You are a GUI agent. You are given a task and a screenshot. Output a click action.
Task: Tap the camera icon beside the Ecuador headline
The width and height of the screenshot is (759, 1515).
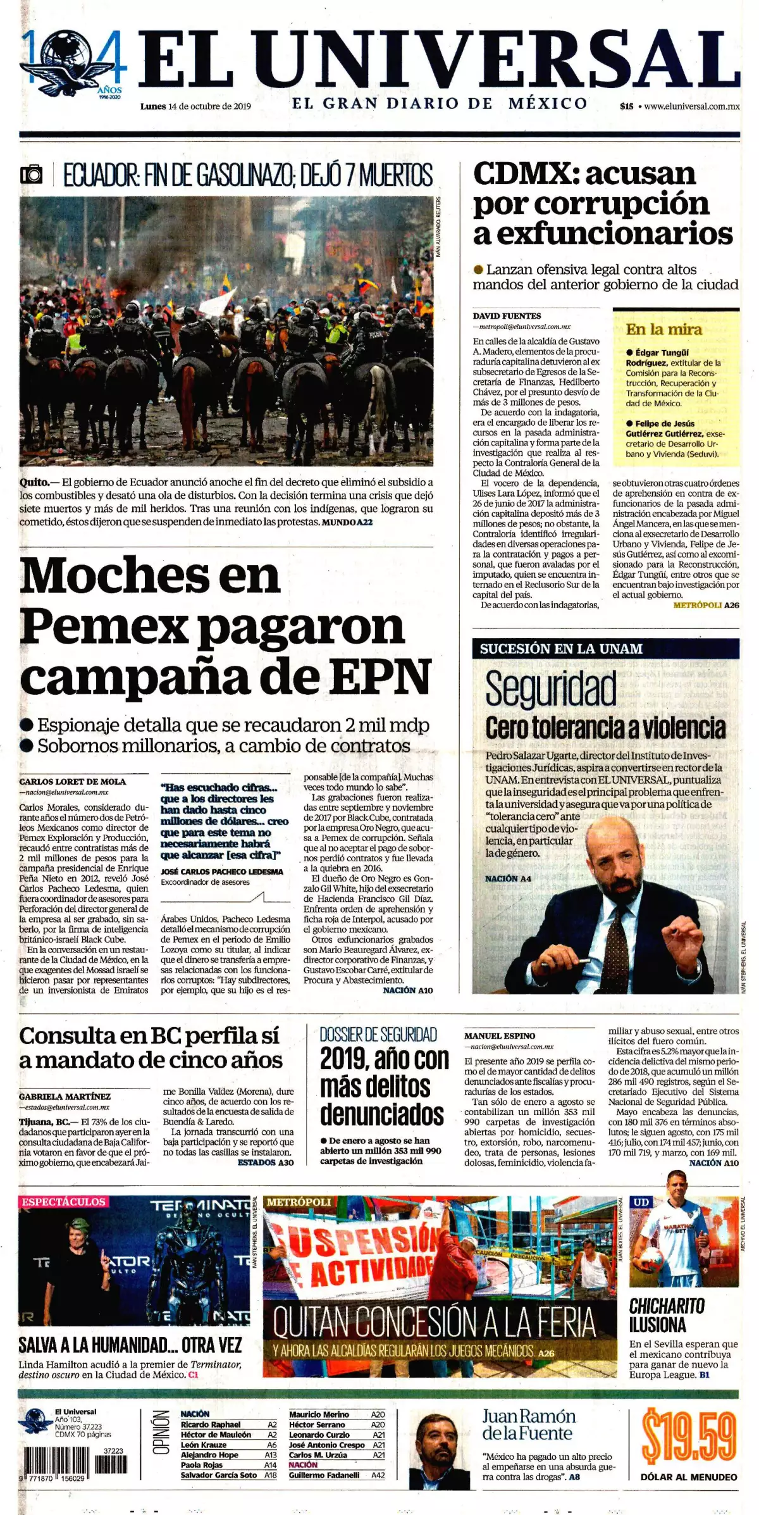point(32,174)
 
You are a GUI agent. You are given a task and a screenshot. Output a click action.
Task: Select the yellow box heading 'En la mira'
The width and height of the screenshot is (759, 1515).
point(663,329)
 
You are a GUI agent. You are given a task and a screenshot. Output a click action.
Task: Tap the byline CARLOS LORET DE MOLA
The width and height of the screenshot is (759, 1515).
point(73,782)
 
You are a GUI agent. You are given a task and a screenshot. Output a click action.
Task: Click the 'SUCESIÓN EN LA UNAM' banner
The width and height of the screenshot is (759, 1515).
point(561,649)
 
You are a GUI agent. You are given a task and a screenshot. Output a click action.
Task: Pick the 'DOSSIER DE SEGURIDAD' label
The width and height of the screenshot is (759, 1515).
point(378,1035)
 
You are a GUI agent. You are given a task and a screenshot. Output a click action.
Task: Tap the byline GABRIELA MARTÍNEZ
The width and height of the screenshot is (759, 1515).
point(65,1097)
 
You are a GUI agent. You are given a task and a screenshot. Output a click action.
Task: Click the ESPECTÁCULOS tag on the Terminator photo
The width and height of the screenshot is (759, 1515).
point(63,1202)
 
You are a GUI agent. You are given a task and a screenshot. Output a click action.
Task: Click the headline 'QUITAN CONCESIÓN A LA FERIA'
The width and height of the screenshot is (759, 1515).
point(435,1322)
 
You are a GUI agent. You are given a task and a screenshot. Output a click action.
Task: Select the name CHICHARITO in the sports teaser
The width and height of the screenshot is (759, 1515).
point(667,1306)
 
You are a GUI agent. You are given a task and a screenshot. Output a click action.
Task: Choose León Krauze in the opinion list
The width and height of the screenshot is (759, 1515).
point(201,1445)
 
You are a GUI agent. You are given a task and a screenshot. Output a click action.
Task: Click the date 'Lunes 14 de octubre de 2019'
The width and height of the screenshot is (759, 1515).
point(195,106)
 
